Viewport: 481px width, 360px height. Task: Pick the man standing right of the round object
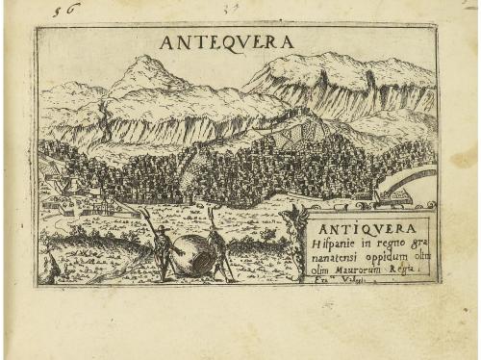click(219, 252)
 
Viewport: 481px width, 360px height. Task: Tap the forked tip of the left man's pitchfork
click(139, 210)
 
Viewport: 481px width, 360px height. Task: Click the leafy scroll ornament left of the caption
click(295, 245)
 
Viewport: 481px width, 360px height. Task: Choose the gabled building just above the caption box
click(385, 198)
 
